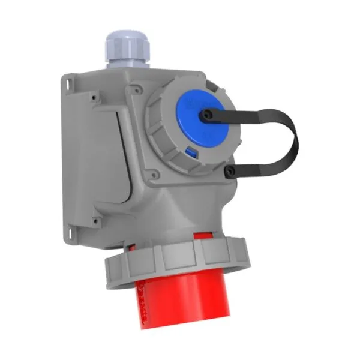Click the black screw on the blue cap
(208, 114)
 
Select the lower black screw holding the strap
(229, 173)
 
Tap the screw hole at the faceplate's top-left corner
(94, 94)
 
